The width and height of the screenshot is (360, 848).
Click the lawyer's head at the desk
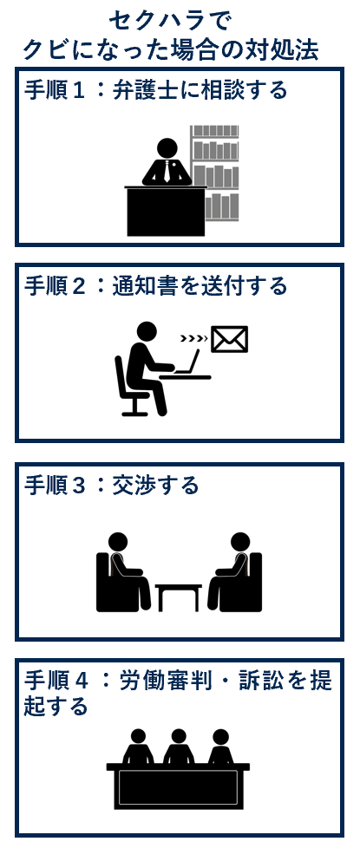[x=167, y=148]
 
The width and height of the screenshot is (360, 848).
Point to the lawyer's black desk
[x=166, y=212]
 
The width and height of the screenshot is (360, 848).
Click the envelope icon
[x=229, y=339]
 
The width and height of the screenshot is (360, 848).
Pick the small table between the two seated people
[x=179, y=596]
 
